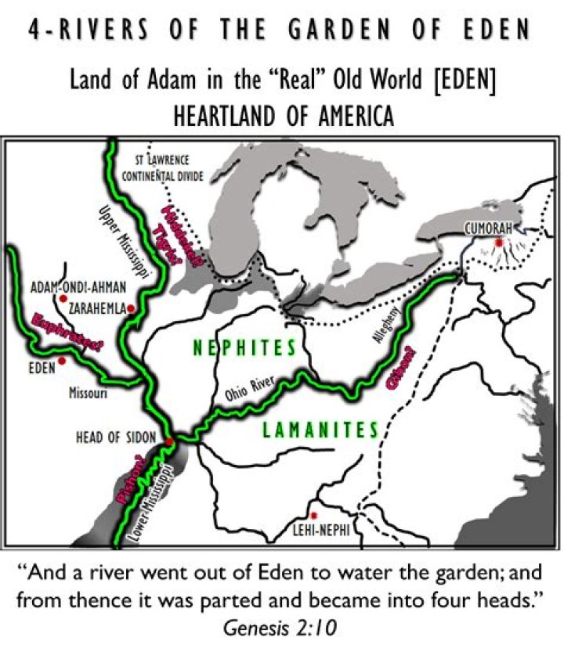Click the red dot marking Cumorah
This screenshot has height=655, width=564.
click(x=498, y=243)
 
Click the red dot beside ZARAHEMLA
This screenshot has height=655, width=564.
click(x=131, y=309)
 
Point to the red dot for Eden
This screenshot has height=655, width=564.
click(x=62, y=361)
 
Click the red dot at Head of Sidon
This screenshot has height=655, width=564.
click(x=168, y=442)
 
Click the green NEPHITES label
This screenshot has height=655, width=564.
click(x=245, y=348)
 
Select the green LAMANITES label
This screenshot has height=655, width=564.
click(x=320, y=430)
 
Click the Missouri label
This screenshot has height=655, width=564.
click(x=88, y=393)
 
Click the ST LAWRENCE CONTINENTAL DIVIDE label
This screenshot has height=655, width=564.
click(x=163, y=168)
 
